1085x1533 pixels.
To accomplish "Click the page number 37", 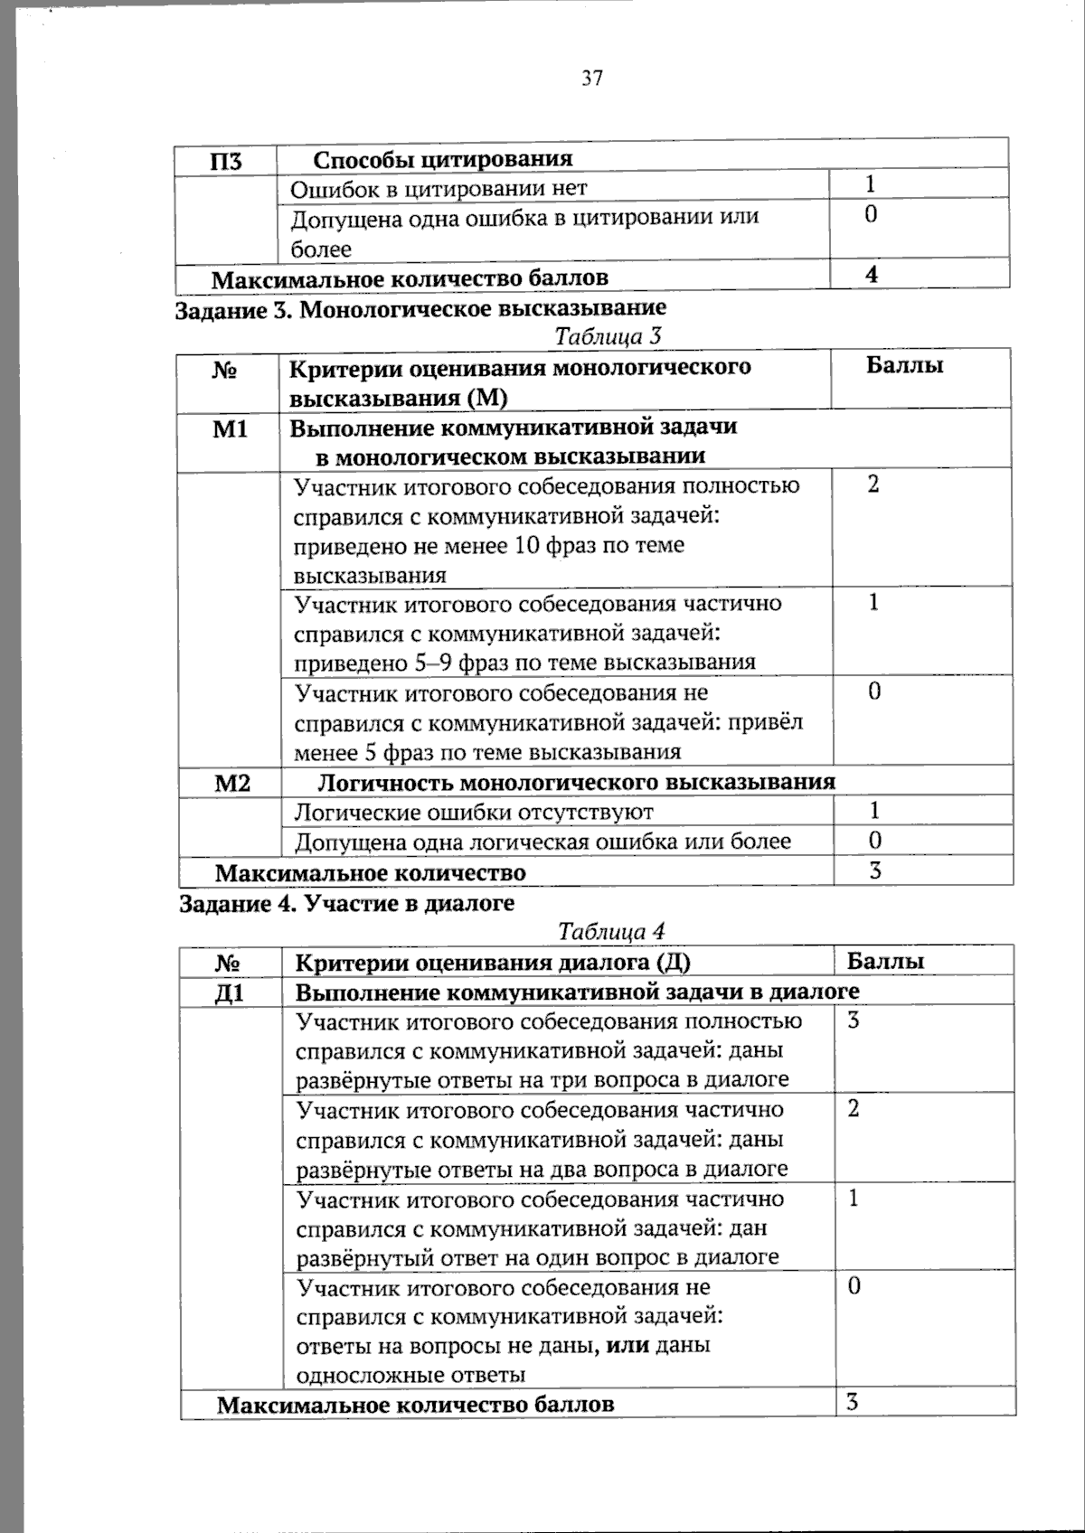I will click(591, 79).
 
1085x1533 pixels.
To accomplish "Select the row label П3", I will click(226, 162).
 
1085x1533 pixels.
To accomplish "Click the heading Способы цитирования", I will click(443, 159).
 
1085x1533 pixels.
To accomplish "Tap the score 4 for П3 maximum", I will click(872, 274).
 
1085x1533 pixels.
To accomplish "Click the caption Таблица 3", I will click(609, 336).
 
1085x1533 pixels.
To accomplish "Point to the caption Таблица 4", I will click(611, 931).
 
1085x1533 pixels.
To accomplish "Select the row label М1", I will click(230, 428).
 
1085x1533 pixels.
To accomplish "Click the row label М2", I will click(232, 783).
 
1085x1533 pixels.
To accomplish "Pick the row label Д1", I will click(231, 992).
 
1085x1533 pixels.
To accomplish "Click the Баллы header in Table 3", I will click(904, 365).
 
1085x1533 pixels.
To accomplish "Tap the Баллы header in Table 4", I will click(886, 961).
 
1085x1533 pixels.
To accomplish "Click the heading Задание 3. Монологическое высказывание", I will click(420, 309).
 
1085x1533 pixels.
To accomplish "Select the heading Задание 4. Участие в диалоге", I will click(346, 903).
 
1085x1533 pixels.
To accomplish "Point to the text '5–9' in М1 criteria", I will click(433, 663).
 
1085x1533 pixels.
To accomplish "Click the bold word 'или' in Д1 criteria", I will click(627, 1345).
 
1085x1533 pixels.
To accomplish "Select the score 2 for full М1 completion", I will click(873, 484).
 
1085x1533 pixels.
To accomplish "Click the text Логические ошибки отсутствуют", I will click(474, 813).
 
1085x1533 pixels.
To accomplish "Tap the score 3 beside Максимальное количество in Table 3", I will click(875, 871).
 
